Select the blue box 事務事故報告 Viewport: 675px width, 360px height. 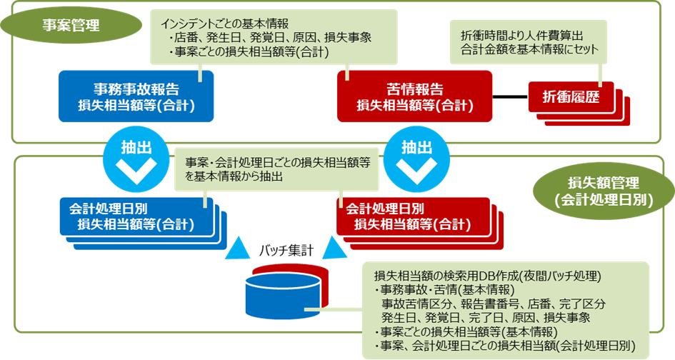click(x=136, y=96)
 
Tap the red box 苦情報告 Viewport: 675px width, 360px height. click(x=414, y=96)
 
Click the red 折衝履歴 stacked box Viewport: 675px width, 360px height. click(x=571, y=96)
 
